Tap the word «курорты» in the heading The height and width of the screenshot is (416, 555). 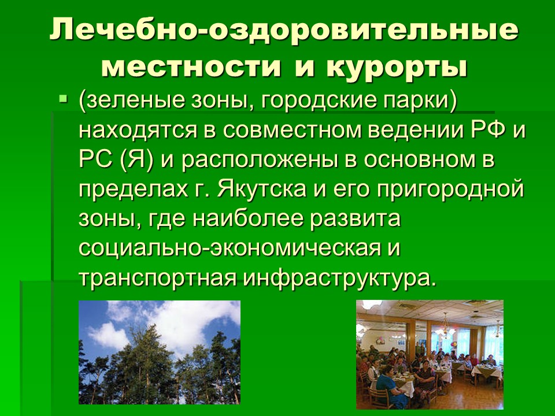click(397, 67)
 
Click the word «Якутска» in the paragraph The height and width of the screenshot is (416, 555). click(261, 190)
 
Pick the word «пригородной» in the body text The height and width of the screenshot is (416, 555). click(450, 190)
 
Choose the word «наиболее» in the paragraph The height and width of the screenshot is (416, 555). click(248, 219)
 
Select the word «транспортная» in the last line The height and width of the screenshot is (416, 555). click(157, 278)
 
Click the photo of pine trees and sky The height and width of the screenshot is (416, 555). click(160, 352)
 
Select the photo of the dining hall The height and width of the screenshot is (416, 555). click(430, 354)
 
